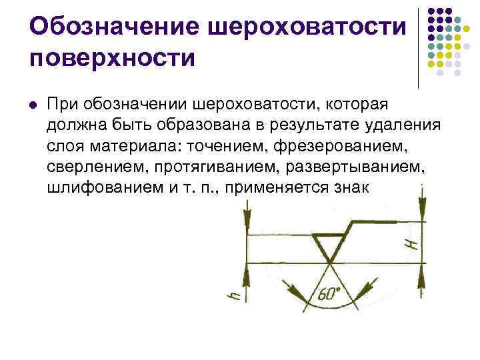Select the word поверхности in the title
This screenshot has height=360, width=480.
click(113, 57)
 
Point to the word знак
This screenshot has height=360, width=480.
click(349, 187)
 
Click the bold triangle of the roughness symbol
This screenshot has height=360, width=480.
click(329, 247)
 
